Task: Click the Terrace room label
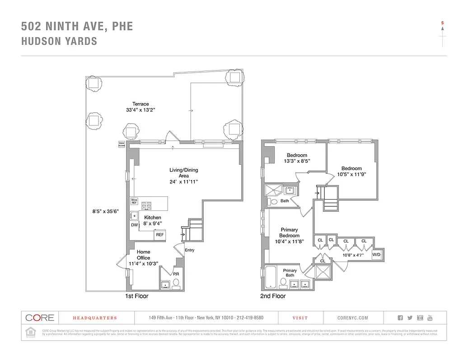point(140,104)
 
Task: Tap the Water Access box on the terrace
point(121,144)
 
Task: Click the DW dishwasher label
point(135,225)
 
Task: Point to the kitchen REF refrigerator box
point(160,235)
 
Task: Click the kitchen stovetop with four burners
point(146,205)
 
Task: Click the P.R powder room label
point(176,274)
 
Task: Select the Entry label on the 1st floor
point(190,250)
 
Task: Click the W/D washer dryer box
point(376,255)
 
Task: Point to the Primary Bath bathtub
point(269,277)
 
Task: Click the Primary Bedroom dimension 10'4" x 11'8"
point(289,242)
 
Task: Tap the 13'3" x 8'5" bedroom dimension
point(297,161)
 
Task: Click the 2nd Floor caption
point(273,296)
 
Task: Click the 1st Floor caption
point(136,296)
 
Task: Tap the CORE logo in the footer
point(39,318)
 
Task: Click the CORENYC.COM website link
point(353,318)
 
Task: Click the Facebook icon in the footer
point(400,318)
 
